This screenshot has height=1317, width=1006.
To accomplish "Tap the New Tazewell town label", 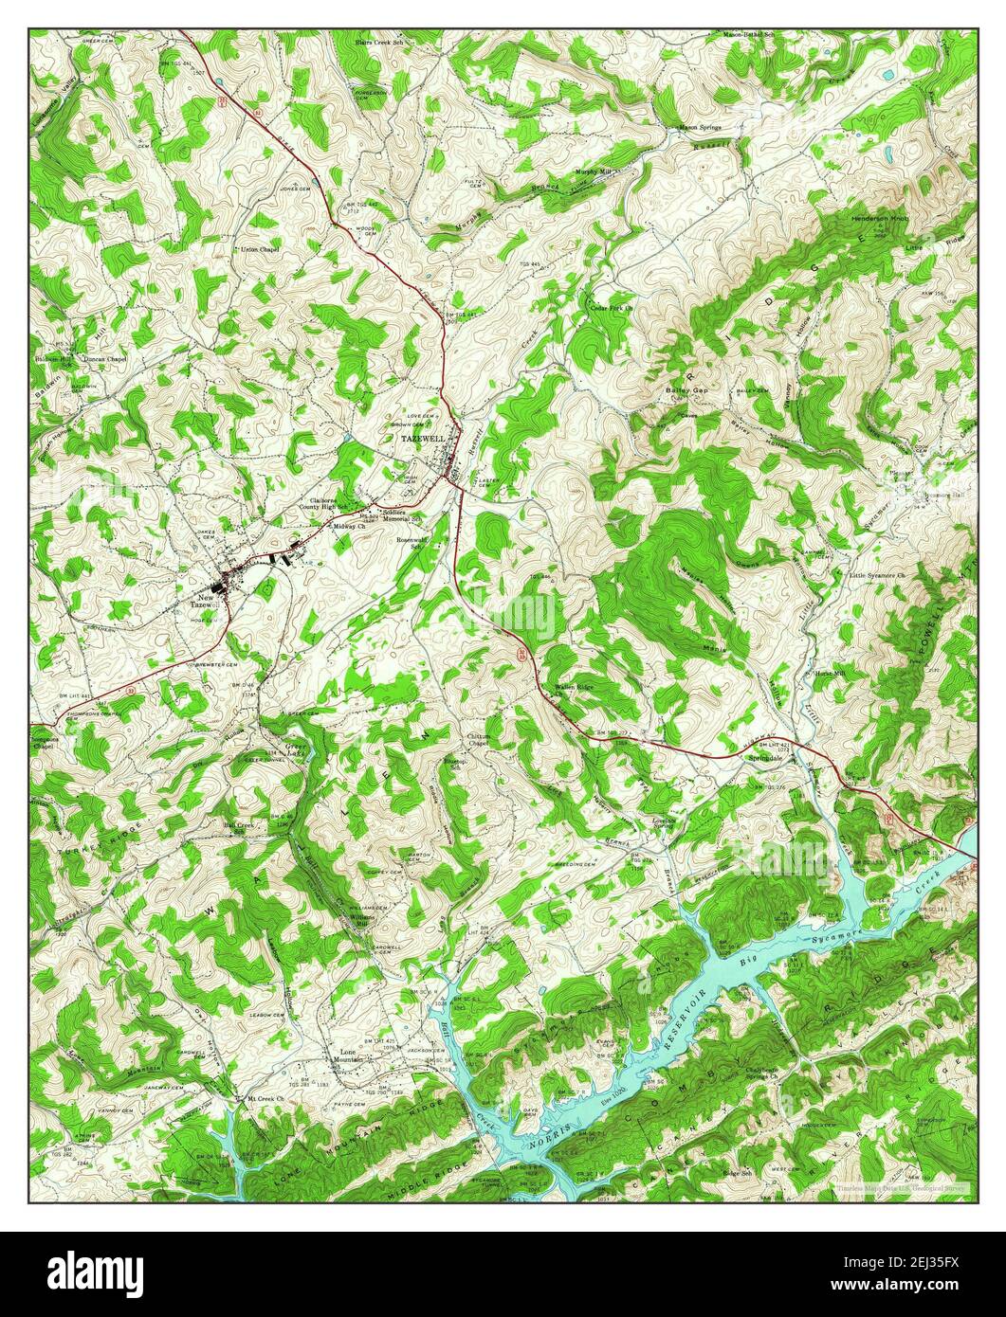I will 204,599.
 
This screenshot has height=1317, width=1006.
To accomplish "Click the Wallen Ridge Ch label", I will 574,689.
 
